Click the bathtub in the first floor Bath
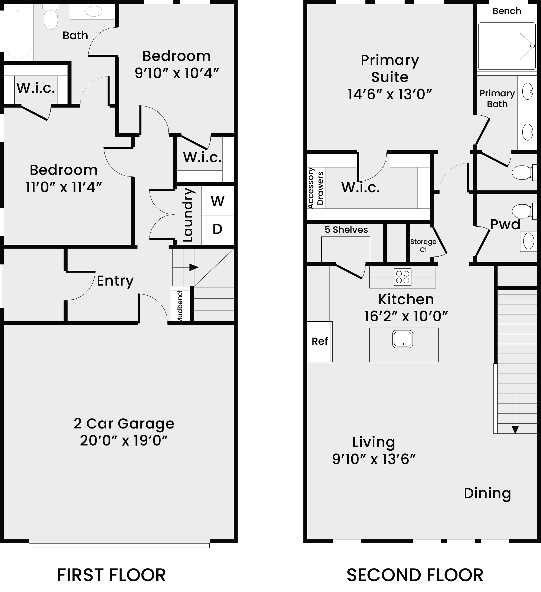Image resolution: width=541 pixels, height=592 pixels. point(18,32)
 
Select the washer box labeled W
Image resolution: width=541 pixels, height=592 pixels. point(217,201)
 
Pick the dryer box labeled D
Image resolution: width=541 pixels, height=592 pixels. point(217,229)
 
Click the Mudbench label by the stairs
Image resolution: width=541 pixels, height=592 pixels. point(180,305)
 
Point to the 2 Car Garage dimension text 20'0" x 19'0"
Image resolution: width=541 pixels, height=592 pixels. point(124,440)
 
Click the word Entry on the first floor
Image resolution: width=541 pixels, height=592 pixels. point(115,281)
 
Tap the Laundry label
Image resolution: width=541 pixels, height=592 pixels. point(188,215)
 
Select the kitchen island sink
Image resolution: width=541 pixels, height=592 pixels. point(403,339)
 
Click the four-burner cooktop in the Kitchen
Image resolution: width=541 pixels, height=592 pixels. point(403,277)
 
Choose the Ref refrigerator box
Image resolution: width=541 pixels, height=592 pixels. point(320,342)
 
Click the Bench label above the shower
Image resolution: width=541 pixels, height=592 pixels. point(507,11)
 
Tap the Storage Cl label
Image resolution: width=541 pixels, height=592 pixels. point(423,246)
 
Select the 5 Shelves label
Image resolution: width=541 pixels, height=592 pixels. point(346,230)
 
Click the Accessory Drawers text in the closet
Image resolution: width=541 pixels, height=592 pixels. point(316,188)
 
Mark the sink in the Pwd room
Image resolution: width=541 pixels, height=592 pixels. point(528,241)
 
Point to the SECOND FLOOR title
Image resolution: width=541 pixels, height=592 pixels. point(415,575)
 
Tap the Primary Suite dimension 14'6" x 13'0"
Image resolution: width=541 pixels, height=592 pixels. point(390,94)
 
